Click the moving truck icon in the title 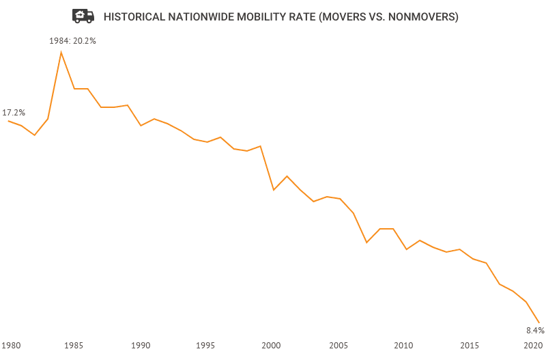coord(83,16)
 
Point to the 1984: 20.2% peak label coord(72,41)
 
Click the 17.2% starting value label coord(14,112)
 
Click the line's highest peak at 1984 coord(61,53)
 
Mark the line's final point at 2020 coord(539,322)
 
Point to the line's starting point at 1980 coord(8,121)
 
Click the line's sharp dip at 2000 coord(274,190)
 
